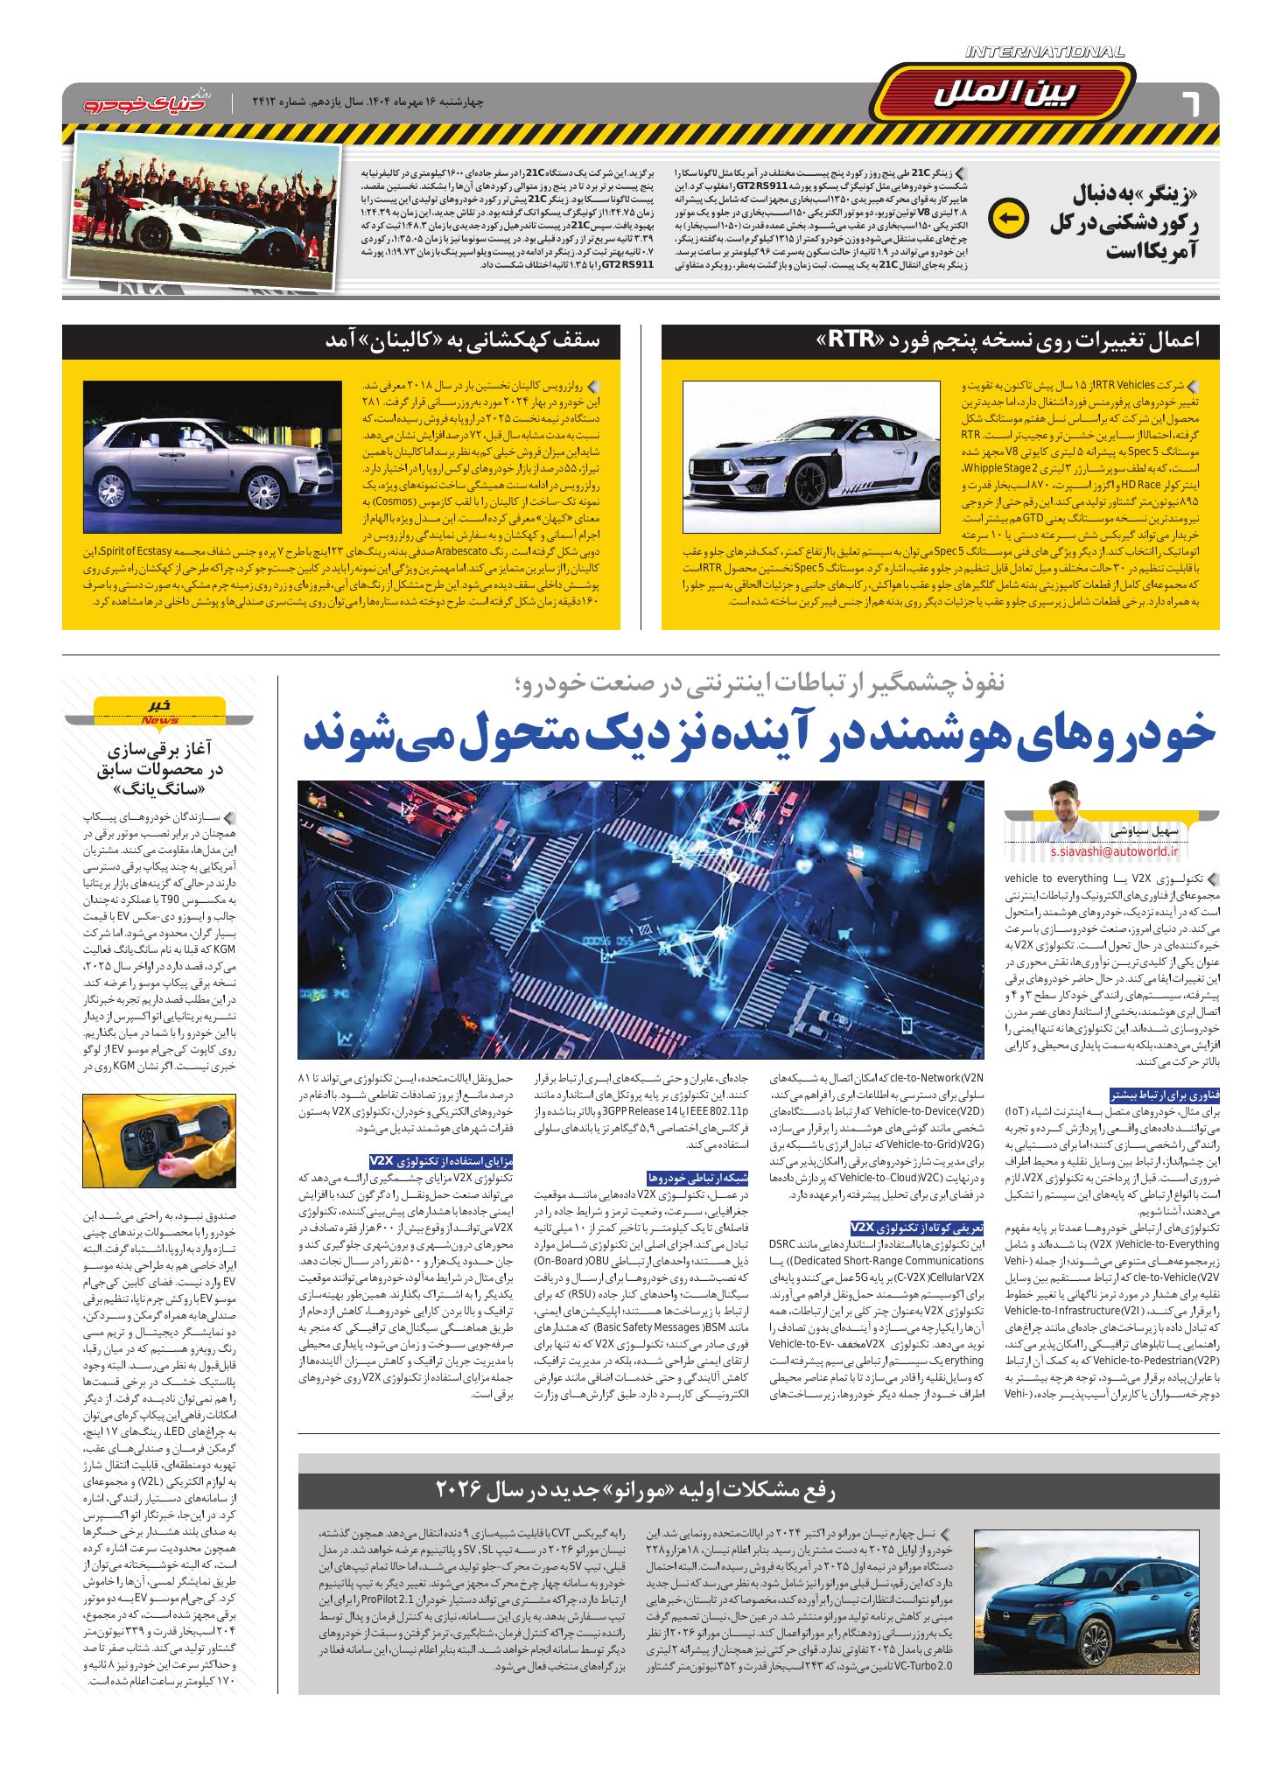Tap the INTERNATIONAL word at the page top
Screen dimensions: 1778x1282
[1045, 53]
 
